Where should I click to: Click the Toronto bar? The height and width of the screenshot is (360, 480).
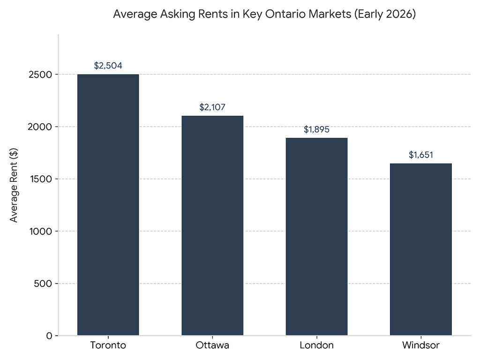pyautogui.click(x=108, y=205)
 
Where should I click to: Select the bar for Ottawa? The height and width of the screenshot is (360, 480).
pyautogui.click(x=212, y=225)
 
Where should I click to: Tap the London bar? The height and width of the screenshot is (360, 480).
pyautogui.click(x=316, y=237)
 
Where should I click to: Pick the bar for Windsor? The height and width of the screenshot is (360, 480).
pyautogui.click(x=420, y=249)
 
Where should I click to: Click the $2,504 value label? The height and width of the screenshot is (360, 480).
pyautogui.click(x=108, y=66)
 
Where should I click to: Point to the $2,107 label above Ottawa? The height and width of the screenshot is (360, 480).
pyautogui.click(x=212, y=107)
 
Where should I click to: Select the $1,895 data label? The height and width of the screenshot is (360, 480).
pyautogui.click(x=316, y=129)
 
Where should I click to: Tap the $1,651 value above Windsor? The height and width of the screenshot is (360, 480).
pyautogui.click(x=420, y=155)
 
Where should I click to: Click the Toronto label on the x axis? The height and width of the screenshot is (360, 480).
pyautogui.click(x=108, y=346)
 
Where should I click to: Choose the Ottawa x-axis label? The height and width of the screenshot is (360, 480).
pyautogui.click(x=212, y=346)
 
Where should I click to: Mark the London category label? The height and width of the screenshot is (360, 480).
pyautogui.click(x=316, y=346)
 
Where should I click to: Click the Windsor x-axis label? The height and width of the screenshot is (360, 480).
pyautogui.click(x=420, y=346)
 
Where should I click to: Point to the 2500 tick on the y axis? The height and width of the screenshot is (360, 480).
pyautogui.click(x=41, y=75)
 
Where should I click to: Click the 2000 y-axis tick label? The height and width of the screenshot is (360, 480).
pyautogui.click(x=41, y=127)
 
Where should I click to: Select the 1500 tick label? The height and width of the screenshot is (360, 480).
pyautogui.click(x=41, y=179)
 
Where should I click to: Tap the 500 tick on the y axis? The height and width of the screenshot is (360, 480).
pyautogui.click(x=44, y=284)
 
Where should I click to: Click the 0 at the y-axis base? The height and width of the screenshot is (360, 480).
pyautogui.click(x=49, y=336)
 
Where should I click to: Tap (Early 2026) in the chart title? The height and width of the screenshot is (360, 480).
pyautogui.click(x=384, y=15)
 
